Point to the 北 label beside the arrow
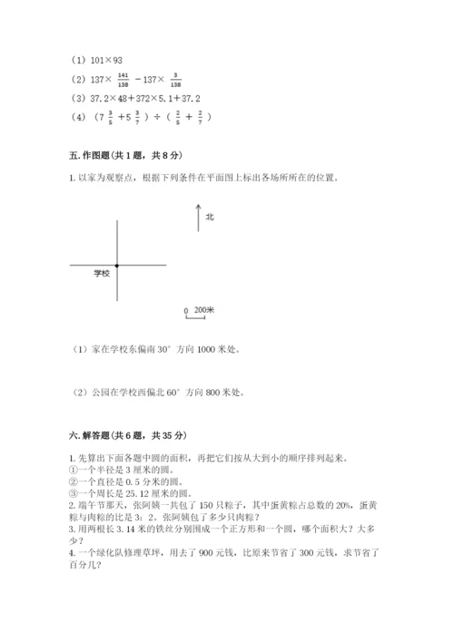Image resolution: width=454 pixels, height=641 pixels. pos(209,217)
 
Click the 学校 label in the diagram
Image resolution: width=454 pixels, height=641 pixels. pos(102,272)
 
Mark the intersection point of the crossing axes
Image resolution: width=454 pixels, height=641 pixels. pos(117,265)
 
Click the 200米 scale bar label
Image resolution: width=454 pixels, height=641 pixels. pos(204,309)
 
